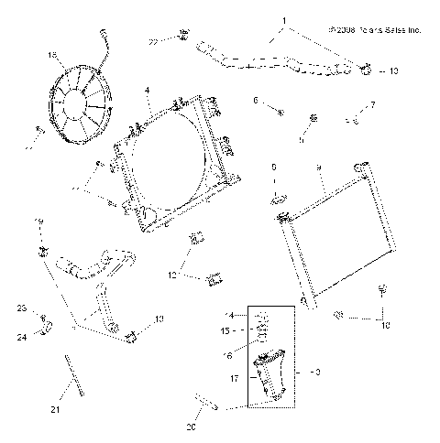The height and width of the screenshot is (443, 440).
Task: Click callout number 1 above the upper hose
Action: (x=284, y=19)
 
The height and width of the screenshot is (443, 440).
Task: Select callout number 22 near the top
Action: (x=154, y=40)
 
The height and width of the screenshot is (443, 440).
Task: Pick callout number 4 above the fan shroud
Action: (x=147, y=90)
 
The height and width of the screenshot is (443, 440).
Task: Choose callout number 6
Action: (x=257, y=100)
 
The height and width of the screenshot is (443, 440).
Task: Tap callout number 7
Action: (x=373, y=105)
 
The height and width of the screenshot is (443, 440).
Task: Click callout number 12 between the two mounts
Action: (x=171, y=273)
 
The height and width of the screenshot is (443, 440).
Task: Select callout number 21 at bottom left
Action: (x=54, y=409)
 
